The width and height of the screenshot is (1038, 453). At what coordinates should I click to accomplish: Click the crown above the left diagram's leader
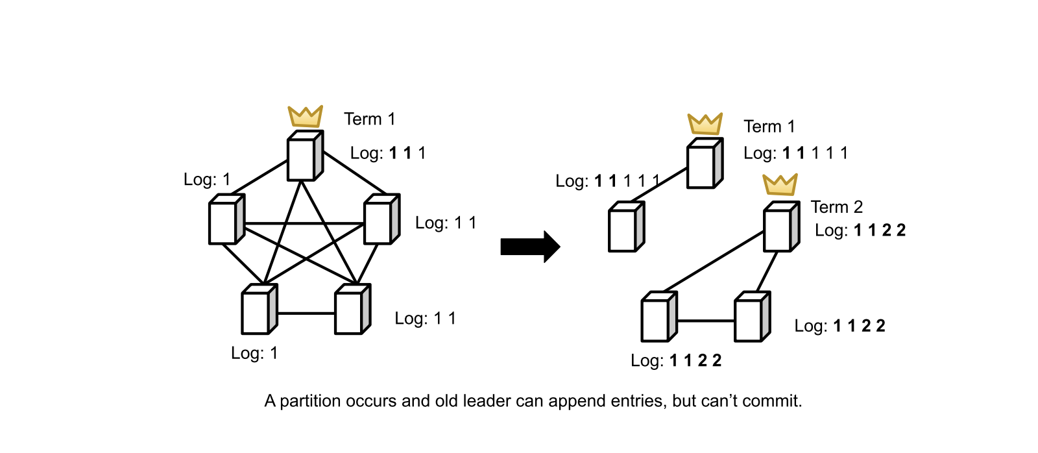pyautogui.click(x=306, y=117)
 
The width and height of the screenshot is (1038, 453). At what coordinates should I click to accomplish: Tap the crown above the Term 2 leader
pyautogui.click(x=780, y=185)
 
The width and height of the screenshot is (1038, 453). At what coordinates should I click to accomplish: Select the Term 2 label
pyautogui.click(x=836, y=207)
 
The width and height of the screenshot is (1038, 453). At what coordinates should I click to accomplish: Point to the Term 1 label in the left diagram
pyautogui.click(x=369, y=119)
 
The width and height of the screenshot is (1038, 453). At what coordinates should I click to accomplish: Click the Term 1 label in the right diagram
pyautogui.click(x=769, y=127)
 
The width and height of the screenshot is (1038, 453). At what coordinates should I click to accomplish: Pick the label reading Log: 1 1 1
pyautogui.click(x=388, y=153)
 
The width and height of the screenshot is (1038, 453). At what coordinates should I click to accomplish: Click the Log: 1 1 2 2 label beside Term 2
pyautogui.click(x=860, y=230)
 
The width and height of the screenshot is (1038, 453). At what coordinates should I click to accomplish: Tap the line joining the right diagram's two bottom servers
pyautogui.click(x=706, y=321)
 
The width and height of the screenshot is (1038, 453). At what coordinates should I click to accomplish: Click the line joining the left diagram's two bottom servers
pyautogui.click(x=306, y=313)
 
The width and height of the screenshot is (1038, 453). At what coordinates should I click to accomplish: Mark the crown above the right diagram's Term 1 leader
pyautogui.click(x=705, y=124)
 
